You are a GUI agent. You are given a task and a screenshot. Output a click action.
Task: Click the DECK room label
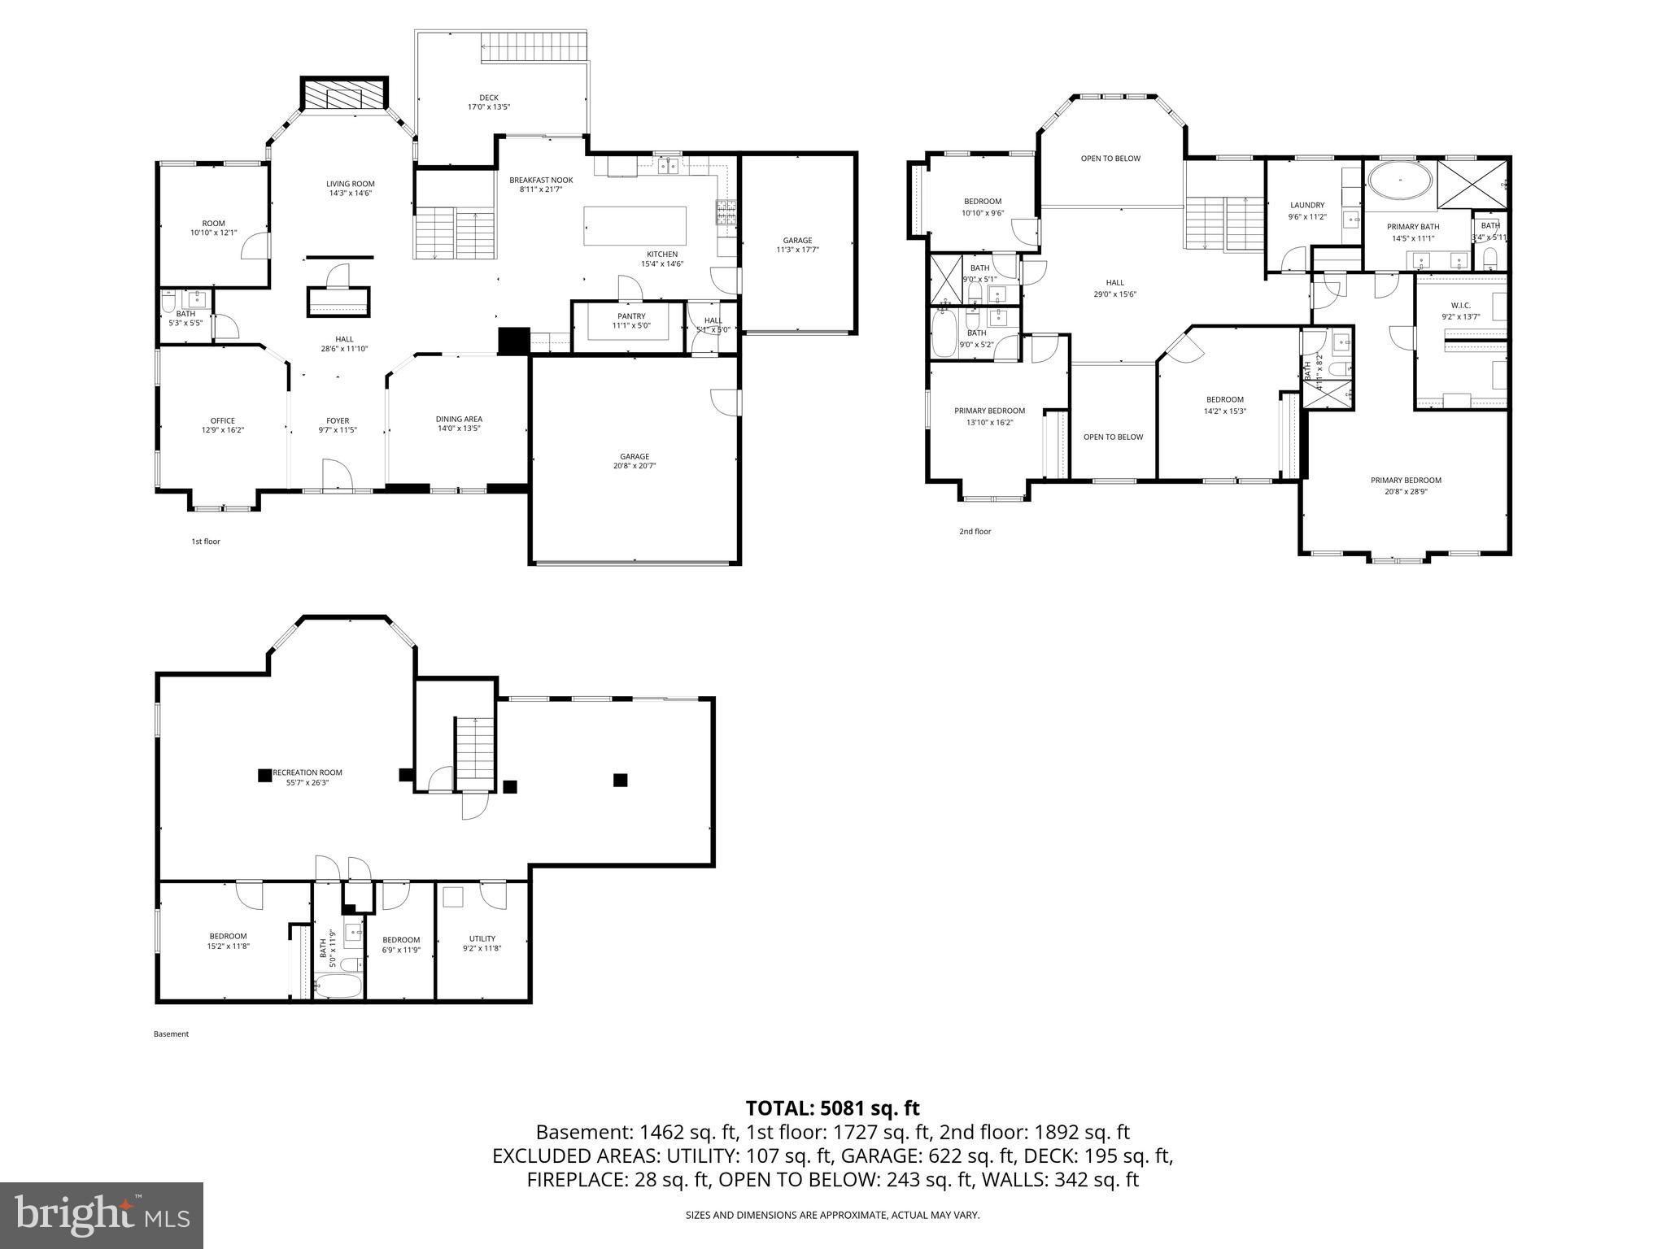pyautogui.click(x=488, y=98)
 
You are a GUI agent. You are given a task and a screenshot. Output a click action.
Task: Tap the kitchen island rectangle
pyautogui.click(x=635, y=226)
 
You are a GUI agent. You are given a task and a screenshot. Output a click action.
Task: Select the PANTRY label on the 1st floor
pyautogui.click(x=631, y=316)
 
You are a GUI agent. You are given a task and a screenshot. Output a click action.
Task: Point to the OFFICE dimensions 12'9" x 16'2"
pyautogui.click(x=223, y=430)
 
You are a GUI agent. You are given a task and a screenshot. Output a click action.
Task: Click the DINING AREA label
pyautogui.click(x=459, y=419)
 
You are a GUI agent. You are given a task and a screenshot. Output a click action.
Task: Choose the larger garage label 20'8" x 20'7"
pyautogui.click(x=635, y=466)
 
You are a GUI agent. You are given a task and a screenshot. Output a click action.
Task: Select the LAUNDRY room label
pyautogui.click(x=1307, y=205)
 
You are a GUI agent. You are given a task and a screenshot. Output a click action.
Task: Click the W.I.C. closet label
pyautogui.click(x=1460, y=306)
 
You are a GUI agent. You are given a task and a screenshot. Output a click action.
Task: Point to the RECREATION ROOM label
pyautogui.click(x=307, y=772)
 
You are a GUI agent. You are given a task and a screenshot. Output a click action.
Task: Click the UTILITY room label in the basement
pyautogui.click(x=482, y=938)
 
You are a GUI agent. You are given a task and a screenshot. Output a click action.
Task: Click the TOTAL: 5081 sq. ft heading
pyautogui.click(x=832, y=1108)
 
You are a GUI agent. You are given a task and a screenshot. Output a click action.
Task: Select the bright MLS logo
pyautogui.click(x=101, y=1215)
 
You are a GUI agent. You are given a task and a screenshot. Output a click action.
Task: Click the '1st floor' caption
pyautogui.click(x=206, y=542)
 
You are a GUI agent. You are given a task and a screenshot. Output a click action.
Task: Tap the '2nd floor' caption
pyautogui.click(x=975, y=532)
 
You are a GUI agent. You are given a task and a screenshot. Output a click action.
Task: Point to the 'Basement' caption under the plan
pyautogui.click(x=171, y=1034)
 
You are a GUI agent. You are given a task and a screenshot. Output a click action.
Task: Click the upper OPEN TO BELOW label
pyautogui.click(x=1110, y=159)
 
